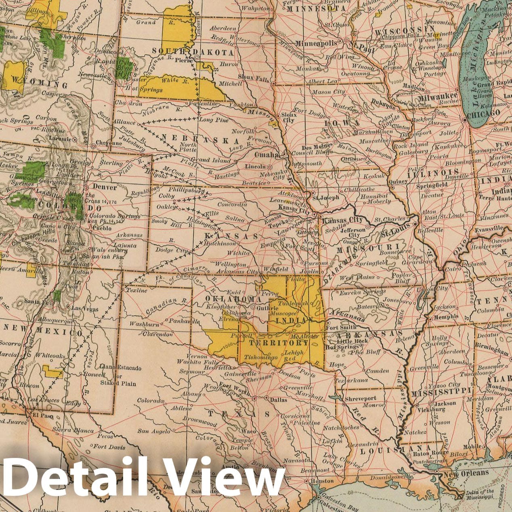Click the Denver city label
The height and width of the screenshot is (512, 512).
tap(105, 187)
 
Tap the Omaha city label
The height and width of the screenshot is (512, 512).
tap(266, 155)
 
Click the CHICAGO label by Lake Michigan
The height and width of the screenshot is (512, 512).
tap(483, 114)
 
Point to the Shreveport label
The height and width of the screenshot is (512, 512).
tap(361, 399)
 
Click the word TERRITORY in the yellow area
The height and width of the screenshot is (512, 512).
tap(279, 343)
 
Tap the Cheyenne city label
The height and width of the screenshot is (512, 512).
tap(109, 143)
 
